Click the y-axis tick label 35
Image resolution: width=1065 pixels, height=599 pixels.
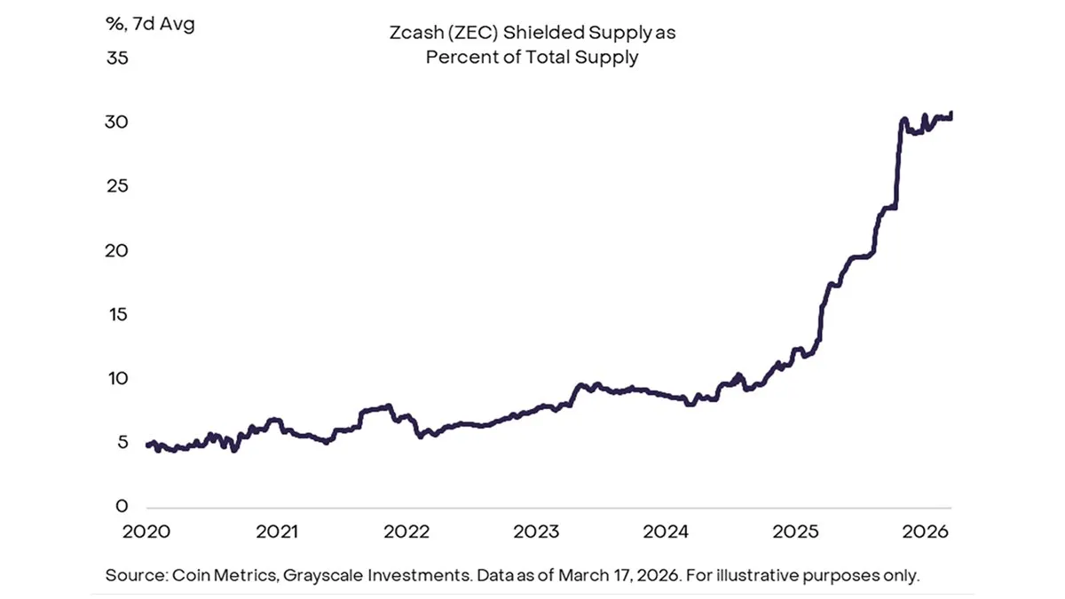(117, 59)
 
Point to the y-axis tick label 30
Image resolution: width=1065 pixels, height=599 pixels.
(117, 122)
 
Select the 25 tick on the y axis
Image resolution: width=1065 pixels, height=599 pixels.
(117, 186)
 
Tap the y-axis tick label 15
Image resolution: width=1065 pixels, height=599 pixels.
(117, 315)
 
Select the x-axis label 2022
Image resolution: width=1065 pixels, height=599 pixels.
(406, 532)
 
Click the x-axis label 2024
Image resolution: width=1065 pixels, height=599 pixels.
(666, 532)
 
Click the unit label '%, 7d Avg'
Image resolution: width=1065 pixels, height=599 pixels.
(150, 24)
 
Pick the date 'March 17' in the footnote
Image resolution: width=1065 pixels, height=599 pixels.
(591, 575)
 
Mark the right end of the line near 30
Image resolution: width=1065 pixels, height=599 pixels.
(951, 114)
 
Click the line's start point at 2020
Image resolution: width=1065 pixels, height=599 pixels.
(147, 445)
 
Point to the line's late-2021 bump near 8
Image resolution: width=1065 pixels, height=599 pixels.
(383, 407)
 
